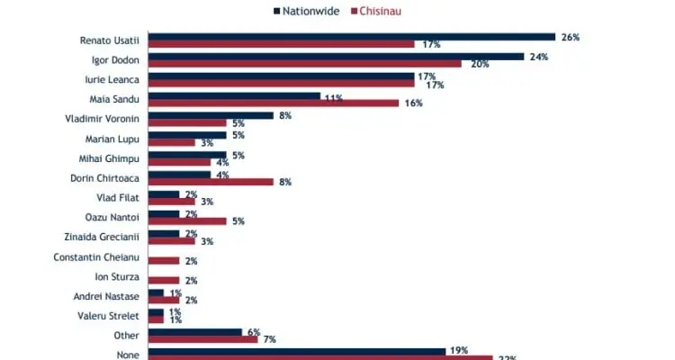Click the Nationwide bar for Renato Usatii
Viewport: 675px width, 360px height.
point(351,37)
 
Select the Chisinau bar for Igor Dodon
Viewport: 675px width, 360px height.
point(304,64)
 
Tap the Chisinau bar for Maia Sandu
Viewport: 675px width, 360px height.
point(273,103)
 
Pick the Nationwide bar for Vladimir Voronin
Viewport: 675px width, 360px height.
point(211,115)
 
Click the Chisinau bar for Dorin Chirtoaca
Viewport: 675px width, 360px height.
point(211,182)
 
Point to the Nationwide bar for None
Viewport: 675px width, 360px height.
point(296,351)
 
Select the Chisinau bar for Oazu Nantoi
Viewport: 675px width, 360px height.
point(187,220)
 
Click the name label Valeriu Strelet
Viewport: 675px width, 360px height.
point(110,315)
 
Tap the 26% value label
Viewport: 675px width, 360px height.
point(569,37)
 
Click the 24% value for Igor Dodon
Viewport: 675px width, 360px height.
point(537,57)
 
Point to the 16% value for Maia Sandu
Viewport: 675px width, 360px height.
point(413,103)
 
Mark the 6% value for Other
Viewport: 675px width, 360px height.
point(253,332)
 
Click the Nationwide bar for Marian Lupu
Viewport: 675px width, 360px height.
point(187,135)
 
